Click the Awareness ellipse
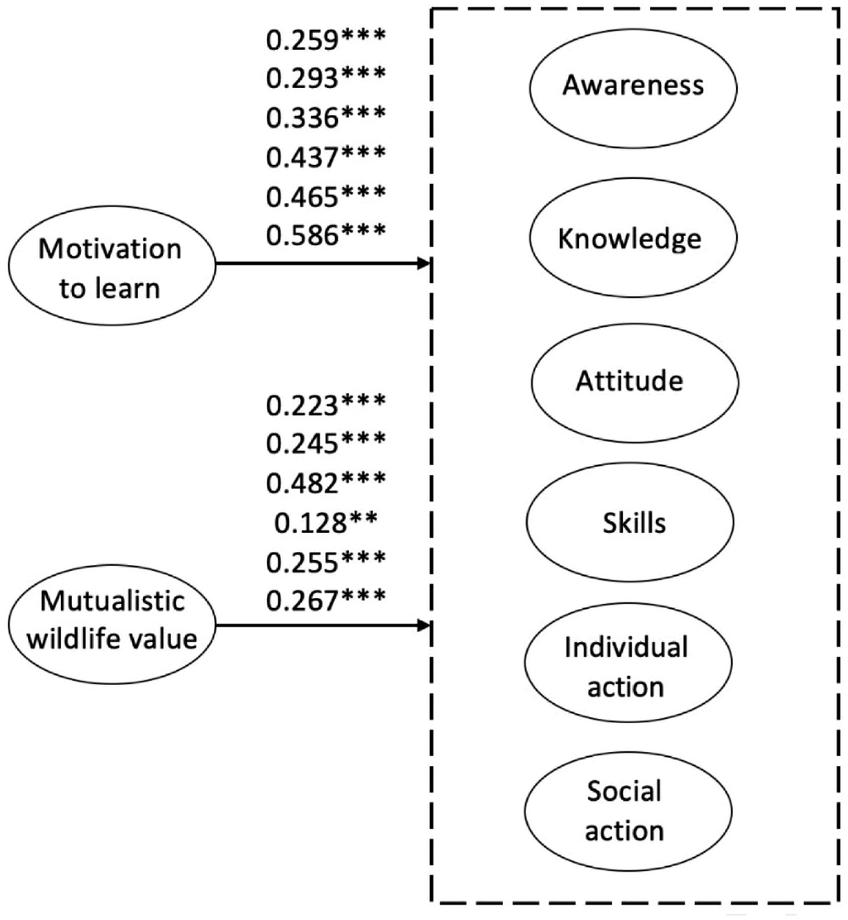click(x=633, y=89)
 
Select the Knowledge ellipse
click(x=633, y=238)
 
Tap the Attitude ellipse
click(x=635, y=383)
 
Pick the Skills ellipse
click(x=630, y=522)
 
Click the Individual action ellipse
click(x=628, y=663)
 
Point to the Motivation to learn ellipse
click(x=111, y=265)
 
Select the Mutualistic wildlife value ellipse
click(x=111, y=624)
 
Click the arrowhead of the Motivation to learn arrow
click(x=424, y=264)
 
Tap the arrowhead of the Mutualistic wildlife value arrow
click(x=424, y=625)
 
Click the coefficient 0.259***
click(x=325, y=40)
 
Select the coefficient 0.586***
click(x=325, y=235)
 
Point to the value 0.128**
click(x=325, y=523)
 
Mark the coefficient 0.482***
click(x=325, y=484)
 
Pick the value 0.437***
click(x=325, y=157)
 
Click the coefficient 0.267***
click(x=325, y=601)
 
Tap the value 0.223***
click(x=325, y=405)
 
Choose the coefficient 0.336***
click(x=325, y=118)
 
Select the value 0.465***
click(x=325, y=196)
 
